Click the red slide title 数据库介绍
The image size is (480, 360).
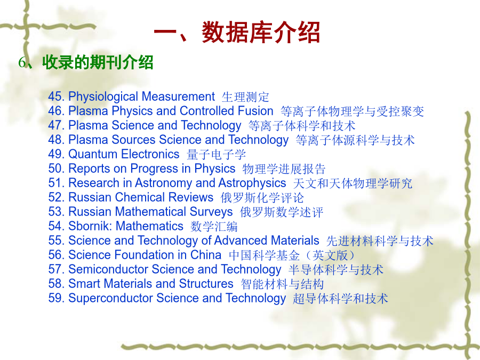[260, 33]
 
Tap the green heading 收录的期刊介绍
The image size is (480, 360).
[98, 62]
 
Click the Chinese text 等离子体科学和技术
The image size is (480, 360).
[302, 125]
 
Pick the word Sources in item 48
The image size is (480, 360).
[133, 140]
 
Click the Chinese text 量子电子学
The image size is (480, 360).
[216, 154]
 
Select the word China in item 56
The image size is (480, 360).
[206, 255]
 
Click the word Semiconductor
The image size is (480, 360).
[108, 269]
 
